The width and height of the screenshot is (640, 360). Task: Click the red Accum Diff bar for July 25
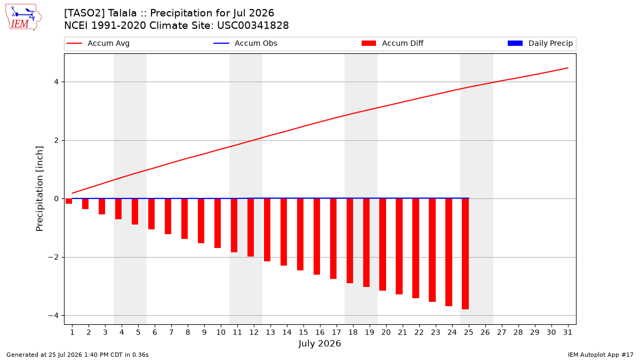[x=465, y=254]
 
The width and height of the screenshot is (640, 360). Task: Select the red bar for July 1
[x=69, y=201]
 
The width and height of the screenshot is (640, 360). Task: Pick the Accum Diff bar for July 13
[x=267, y=230]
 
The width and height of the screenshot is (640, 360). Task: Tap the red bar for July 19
[x=366, y=243]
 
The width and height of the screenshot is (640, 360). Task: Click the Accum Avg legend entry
[x=98, y=43]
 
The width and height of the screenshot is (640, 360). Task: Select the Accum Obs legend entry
[x=245, y=43]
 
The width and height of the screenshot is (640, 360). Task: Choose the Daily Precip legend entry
[x=540, y=43]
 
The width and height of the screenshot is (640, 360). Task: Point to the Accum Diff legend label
[x=403, y=43]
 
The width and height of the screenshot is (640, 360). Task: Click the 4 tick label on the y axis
[x=56, y=82]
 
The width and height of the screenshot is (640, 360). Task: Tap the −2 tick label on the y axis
[x=53, y=258]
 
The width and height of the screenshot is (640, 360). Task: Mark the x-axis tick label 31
[x=567, y=332]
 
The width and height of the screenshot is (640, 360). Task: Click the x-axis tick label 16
[x=319, y=332]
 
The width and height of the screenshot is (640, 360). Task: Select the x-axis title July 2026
[x=319, y=343]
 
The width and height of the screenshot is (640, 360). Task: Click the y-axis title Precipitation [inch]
[x=39, y=189]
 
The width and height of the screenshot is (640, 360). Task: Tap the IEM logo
[x=23, y=18]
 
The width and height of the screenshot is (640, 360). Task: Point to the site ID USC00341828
[x=253, y=26]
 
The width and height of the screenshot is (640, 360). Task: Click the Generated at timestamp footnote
[x=77, y=355]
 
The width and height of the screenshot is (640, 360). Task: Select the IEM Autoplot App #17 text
[x=601, y=355]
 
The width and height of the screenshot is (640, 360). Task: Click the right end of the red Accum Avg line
[x=568, y=68]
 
